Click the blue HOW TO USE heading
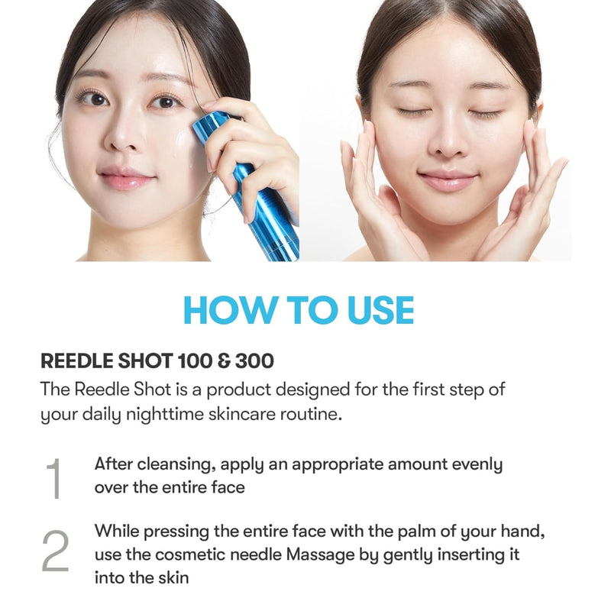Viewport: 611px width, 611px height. (x=299, y=310)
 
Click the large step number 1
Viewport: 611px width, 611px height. (x=53, y=478)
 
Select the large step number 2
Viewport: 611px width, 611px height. (x=55, y=551)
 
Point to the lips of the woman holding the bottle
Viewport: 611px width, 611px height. (x=127, y=179)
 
